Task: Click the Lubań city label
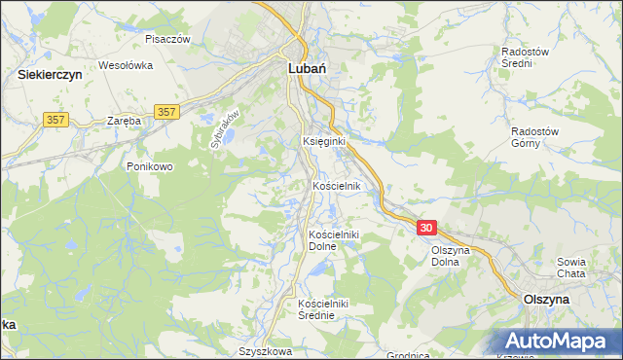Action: coord(307,69)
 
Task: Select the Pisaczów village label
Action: coord(166,39)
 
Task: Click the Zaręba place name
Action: coord(125,121)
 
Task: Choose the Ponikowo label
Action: coord(149,166)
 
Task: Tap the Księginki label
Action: coord(324,141)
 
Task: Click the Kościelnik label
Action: coord(337,186)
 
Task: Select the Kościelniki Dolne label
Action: coord(335,240)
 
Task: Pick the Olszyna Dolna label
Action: coord(453,256)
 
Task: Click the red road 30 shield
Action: coord(426,227)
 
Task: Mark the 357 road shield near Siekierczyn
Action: coord(55,119)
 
